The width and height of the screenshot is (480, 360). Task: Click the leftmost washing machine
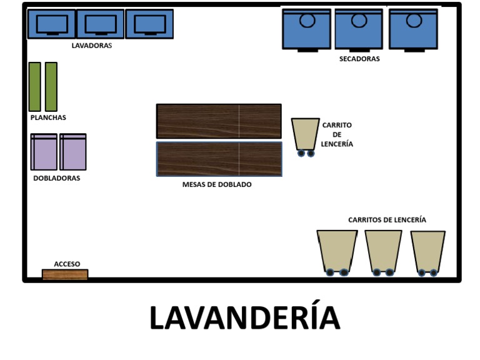click(x=52, y=24)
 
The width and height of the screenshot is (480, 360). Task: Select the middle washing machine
click(x=100, y=24)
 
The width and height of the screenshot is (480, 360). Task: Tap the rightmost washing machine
click(x=149, y=24)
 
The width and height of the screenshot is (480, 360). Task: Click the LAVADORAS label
click(x=92, y=46)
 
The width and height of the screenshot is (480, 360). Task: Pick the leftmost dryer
click(x=306, y=29)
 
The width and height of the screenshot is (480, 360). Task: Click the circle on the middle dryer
click(x=359, y=20)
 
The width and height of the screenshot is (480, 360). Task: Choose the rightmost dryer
click(x=413, y=29)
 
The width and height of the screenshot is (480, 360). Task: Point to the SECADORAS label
click(x=359, y=59)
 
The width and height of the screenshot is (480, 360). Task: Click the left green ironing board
click(x=34, y=86)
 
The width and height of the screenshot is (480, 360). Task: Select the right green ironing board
click(x=51, y=86)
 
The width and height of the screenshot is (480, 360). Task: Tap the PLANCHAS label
click(x=48, y=117)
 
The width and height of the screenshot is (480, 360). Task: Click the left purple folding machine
click(x=44, y=152)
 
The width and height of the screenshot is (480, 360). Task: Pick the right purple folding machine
click(x=73, y=152)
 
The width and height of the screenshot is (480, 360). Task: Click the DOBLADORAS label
click(x=56, y=178)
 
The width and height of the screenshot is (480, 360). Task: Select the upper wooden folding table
click(x=219, y=121)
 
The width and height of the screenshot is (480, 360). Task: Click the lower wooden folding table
click(x=219, y=159)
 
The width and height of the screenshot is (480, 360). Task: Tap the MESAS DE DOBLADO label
click(x=217, y=185)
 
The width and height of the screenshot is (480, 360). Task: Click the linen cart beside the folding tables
click(x=305, y=136)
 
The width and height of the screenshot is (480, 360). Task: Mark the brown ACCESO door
click(x=65, y=274)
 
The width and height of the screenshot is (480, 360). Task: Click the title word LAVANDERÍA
click(x=244, y=317)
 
